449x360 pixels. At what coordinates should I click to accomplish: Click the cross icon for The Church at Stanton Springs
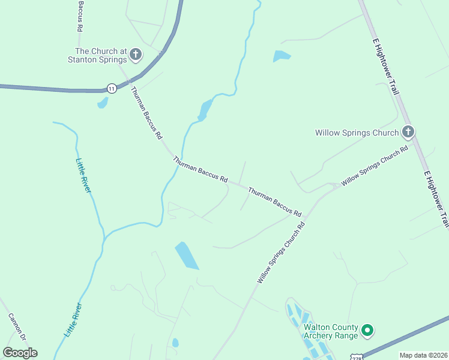coord(136,55)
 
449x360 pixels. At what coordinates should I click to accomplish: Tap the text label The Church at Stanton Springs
coord(101,55)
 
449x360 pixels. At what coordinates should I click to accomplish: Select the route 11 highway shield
coord(112,88)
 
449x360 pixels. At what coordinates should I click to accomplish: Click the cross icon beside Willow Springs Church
coord(408,131)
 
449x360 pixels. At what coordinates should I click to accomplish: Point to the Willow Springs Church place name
coord(357,133)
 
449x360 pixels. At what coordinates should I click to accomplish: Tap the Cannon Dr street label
coord(17,328)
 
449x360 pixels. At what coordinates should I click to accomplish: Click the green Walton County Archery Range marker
coord(367,331)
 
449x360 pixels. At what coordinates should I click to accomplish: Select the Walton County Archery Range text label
coord(330,331)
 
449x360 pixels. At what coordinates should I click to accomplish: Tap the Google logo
coord(20,353)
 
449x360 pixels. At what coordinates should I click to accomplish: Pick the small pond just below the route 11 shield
coord(103,103)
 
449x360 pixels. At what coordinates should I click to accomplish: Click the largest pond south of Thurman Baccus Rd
coord(187,256)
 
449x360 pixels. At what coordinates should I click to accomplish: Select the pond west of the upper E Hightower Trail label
coord(282,57)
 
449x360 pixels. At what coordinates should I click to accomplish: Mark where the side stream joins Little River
coord(105,236)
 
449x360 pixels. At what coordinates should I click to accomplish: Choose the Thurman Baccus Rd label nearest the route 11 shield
coord(146,113)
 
